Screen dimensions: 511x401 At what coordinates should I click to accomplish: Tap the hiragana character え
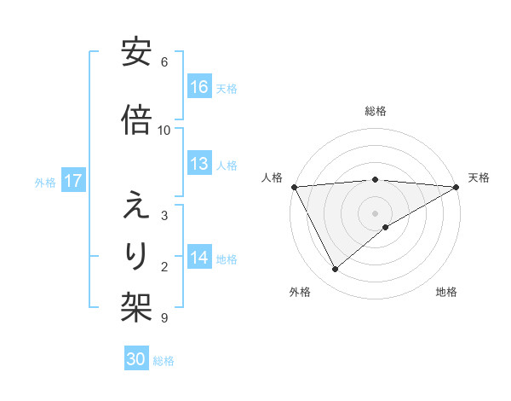point(136,206)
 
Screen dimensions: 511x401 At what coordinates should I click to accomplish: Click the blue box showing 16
point(199,87)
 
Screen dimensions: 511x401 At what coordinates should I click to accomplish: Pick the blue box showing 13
point(199,164)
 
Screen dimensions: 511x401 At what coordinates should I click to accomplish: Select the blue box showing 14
point(199,258)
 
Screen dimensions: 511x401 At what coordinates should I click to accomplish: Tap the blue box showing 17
point(73,181)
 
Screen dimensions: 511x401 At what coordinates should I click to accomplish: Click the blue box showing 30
point(136,359)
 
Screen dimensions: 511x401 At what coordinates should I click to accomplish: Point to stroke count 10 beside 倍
point(164,131)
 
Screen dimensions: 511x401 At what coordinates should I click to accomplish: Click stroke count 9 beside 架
point(164,318)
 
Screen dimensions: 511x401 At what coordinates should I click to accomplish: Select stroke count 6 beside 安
point(164,62)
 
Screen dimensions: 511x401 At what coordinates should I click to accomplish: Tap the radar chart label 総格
point(376,111)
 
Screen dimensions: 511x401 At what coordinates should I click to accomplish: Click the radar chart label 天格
point(479,177)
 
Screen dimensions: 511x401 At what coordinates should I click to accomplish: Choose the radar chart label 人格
point(273,177)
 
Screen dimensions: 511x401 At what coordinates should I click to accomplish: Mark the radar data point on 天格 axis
point(456,186)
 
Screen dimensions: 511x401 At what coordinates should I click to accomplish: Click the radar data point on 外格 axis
point(336,269)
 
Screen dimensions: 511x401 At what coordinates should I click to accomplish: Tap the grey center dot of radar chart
point(376,212)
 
